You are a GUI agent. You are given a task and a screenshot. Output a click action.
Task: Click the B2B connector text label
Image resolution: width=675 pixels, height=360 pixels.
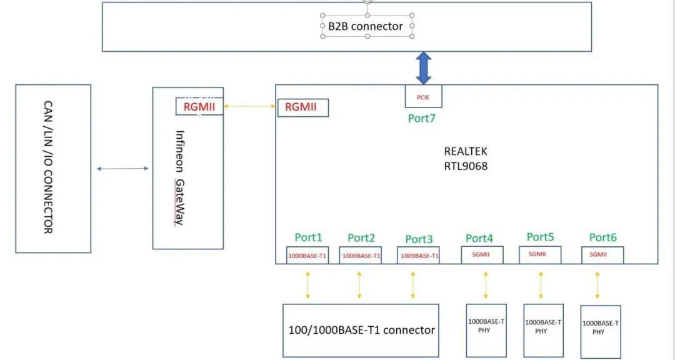point(366,26)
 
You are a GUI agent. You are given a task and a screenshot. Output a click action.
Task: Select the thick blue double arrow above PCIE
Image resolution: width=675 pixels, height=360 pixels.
point(424,67)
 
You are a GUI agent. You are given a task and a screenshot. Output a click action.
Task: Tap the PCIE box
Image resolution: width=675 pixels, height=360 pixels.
point(423,97)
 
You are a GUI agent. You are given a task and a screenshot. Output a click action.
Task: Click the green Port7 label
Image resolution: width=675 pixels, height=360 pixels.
point(421,118)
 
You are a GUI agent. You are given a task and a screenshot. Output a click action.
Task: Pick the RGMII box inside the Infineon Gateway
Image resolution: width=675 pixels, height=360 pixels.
point(199,106)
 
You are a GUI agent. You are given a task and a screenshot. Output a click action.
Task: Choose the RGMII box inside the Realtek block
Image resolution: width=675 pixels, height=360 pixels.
point(302,107)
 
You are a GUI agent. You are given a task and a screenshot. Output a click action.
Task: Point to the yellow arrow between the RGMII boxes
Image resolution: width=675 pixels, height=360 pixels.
point(250,107)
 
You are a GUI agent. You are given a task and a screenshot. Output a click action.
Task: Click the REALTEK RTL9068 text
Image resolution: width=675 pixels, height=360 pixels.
point(466,159)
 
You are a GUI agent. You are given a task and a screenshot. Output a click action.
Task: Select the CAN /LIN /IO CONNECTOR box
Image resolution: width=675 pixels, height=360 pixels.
point(52,168)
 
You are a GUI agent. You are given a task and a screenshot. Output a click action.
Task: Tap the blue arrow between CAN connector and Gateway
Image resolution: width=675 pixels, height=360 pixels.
point(122,169)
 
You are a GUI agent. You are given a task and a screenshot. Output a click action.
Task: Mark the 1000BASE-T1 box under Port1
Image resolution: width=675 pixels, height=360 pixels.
point(307,256)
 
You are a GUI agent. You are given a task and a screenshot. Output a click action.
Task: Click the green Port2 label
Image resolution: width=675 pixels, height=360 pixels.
point(361,237)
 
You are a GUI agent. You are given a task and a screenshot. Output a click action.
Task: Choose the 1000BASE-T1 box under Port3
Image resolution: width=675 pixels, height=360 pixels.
point(419,256)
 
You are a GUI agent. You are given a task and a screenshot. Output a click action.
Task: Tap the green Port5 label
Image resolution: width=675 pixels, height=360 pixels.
point(540,237)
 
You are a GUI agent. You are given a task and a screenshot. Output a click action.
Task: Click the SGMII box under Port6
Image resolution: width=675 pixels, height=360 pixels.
point(602,255)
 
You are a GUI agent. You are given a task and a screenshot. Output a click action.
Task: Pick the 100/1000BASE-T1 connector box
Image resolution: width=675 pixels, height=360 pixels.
point(361,330)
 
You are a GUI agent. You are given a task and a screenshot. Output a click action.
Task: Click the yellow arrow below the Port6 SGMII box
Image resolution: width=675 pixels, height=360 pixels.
point(598,285)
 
